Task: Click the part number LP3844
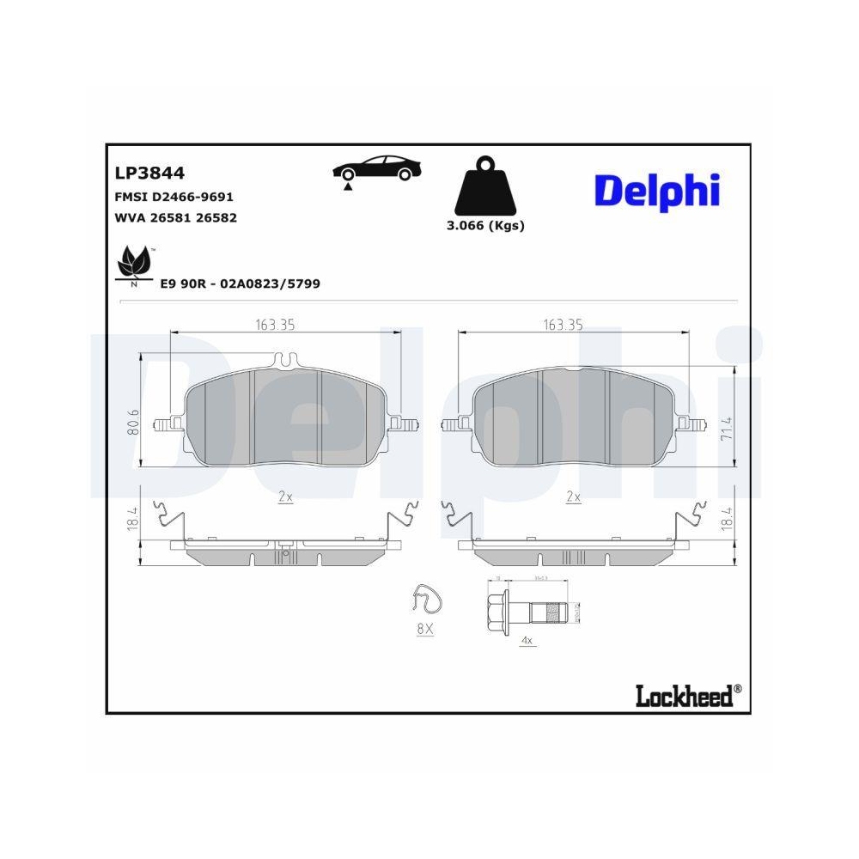149,173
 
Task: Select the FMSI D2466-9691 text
174,197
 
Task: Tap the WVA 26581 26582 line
175,218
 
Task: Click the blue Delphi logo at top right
657,191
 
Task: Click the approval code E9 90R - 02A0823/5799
240,283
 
